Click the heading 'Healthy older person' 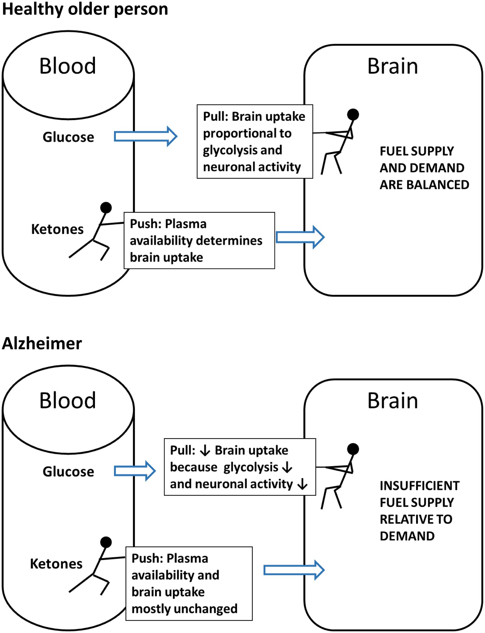pyautogui.click(x=85, y=9)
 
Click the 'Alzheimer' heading pyautogui.click(x=42, y=344)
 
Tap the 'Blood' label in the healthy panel pyautogui.click(x=68, y=66)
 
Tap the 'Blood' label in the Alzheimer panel pyautogui.click(x=68, y=401)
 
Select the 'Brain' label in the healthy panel pyautogui.click(x=393, y=66)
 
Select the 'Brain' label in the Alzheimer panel pyautogui.click(x=393, y=401)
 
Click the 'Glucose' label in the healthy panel pyautogui.click(x=68, y=137)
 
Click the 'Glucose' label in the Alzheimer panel pyautogui.click(x=68, y=472)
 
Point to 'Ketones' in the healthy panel pyautogui.click(x=57, y=229)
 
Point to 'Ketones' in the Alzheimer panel pyautogui.click(x=56, y=564)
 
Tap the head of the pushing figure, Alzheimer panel pyautogui.click(x=106, y=542)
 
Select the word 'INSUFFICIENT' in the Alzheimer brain pyautogui.click(x=419, y=486)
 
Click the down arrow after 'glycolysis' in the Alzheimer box pyautogui.click(x=287, y=468)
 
